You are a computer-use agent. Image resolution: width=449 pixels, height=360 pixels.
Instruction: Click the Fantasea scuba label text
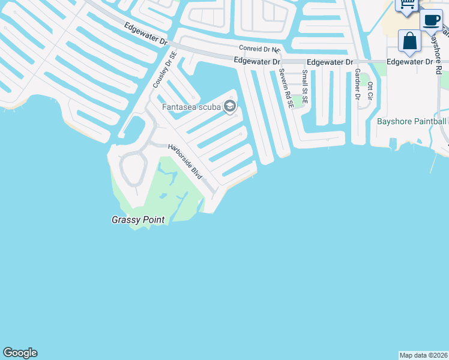(x=191, y=107)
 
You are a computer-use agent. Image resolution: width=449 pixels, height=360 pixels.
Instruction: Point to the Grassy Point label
(x=138, y=220)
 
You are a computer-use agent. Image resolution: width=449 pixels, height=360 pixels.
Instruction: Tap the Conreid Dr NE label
(x=259, y=49)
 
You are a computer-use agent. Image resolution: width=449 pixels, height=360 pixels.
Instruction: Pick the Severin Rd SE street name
(x=286, y=87)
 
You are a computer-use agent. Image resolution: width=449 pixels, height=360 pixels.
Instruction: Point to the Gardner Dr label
(x=357, y=83)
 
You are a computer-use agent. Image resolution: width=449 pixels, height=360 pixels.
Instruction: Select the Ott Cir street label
(x=370, y=92)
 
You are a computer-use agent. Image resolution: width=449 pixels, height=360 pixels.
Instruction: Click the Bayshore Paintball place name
(x=411, y=121)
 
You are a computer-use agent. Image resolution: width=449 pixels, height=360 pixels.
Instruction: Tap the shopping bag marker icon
(x=409, y=41)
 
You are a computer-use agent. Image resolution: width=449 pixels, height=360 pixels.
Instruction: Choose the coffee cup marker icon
(x=430, y=20)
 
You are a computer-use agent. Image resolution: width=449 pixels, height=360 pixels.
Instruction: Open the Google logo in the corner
(x=20, y=353)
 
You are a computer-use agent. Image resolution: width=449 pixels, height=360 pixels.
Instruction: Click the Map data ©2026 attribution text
(x=423, y=355)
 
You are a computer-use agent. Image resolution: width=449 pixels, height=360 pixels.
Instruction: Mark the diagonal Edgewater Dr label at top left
(x=146, y=34)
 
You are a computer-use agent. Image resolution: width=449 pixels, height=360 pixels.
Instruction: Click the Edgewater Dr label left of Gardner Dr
(x=329, y=62)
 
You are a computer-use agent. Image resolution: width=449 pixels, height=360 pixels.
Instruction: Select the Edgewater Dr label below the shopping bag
(x=409, y=62)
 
